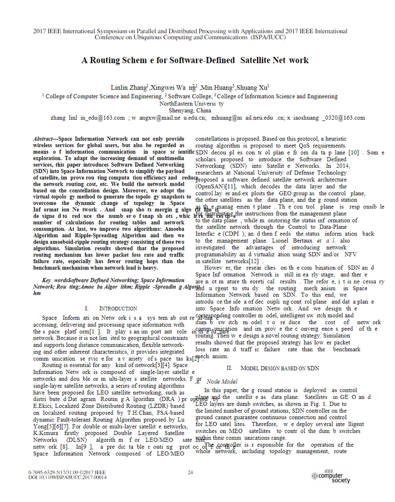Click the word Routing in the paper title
tap(105, 60)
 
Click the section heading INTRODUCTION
tap(118, 309)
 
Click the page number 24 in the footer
tap(190, 472)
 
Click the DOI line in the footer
tap(67, 477)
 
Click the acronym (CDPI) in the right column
tap(238, 234)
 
